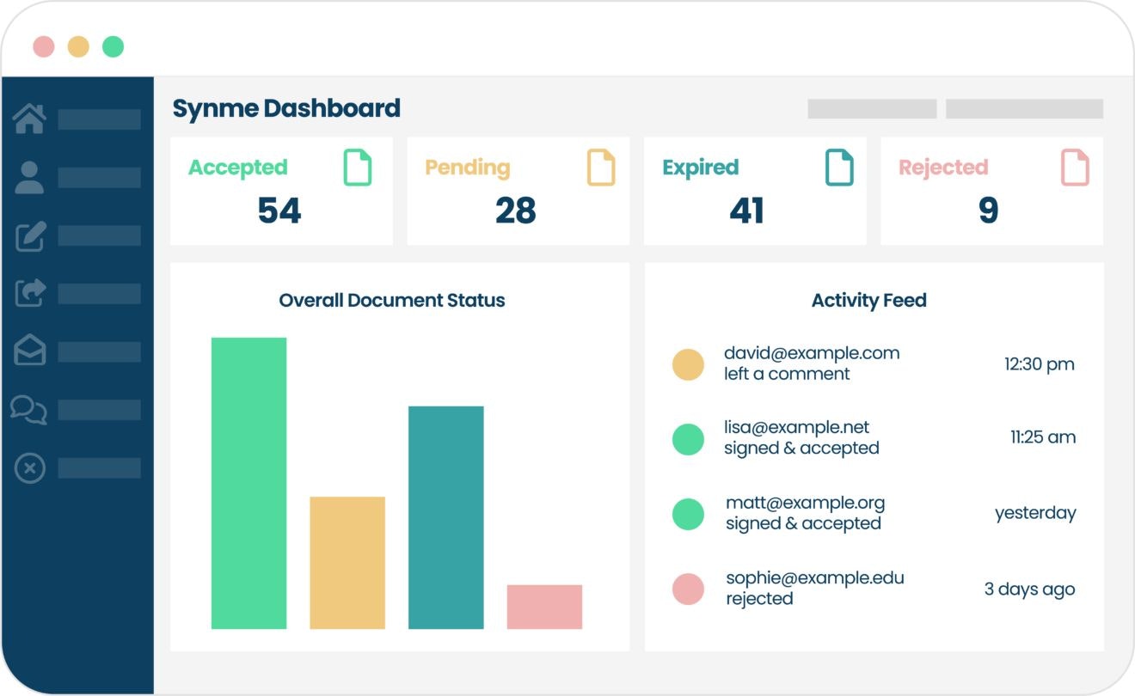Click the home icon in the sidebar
coord(29,119)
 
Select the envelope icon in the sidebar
coord(30,351)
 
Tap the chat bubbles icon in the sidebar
coord(29,409)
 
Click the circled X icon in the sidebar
coord(30,468)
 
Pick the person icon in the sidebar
coord(29,177)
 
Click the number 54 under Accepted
coord(279,211)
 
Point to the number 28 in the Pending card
coord(516,211)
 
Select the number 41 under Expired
coord(746,211)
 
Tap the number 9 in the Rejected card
coord(989,211)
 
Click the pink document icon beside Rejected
coord(1075,168)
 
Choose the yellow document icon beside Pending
coord(601,168)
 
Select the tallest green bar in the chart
coord(248,483)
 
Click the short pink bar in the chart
coord(544,607)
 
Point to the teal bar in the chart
coord(445,517)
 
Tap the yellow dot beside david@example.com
coord(688,364)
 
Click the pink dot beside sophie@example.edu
coord(688,589)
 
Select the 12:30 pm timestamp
coord(1039,364)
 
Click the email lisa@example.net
coord(796,427)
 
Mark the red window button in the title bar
coord(44,46)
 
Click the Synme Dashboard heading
coord(286,108)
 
